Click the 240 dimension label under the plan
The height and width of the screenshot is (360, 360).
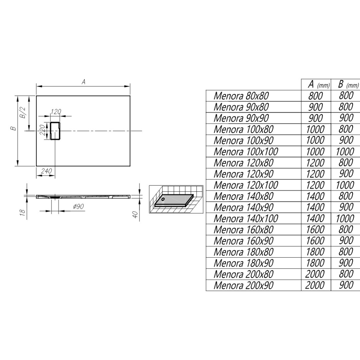(x=47, y=171)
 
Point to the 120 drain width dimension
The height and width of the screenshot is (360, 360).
(x=56, y=112)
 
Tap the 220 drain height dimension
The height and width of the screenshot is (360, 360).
(x=42, y=130)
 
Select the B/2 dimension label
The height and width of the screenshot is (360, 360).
(x=24, y=113)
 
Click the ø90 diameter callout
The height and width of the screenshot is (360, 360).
(x=78, y=206)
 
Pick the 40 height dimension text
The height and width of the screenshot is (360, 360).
(x=135, y=215)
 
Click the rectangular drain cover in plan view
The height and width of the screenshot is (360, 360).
(x=55, y=131)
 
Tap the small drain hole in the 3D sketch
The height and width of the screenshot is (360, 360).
(x=163, y=199)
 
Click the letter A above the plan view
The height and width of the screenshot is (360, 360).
(x=84, y=82)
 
